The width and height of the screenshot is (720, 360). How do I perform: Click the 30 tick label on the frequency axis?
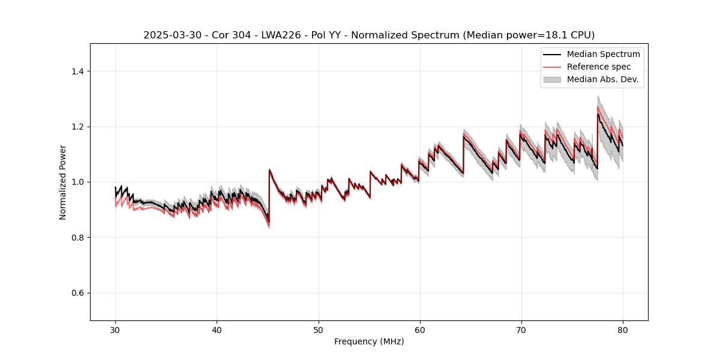click(115, 329)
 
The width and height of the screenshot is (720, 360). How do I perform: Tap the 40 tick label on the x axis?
click(217, 329)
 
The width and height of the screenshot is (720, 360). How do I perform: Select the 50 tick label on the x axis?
click(318, 329)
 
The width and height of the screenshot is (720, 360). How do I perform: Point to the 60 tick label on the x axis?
click(419, 329)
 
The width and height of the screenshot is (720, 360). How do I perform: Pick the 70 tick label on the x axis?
click(521, 329)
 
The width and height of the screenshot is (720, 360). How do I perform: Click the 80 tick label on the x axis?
click(622, 329)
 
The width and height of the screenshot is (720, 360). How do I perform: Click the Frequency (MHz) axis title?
click(369, 341)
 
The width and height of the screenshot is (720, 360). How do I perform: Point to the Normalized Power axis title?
click(63, 182)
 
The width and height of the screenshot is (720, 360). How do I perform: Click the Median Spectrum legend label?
click(603, 54)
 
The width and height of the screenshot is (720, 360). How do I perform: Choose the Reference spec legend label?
click(599, 67)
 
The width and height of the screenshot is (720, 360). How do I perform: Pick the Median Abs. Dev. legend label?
click(602, 79)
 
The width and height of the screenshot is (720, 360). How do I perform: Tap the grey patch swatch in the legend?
click(552, 79)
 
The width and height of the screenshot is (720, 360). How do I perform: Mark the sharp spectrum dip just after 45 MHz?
click(268, 222)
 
